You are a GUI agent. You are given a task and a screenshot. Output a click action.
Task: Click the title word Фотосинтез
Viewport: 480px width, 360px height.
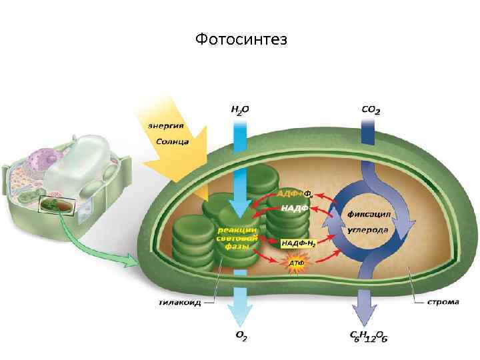(241, 40)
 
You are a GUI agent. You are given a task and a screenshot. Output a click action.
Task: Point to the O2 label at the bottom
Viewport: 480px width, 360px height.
(240, 337)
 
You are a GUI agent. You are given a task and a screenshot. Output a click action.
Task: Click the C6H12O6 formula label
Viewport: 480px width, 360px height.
(369, 337)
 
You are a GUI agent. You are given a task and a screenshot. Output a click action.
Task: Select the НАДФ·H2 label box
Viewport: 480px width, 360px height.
(298, 243)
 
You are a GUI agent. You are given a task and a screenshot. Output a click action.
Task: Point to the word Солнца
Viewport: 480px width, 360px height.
(172, 141)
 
